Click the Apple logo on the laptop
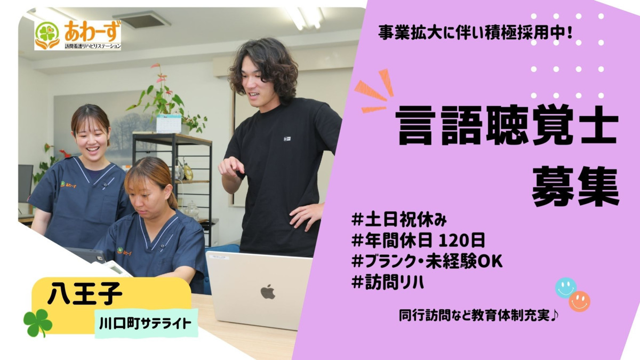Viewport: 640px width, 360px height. click(268, 291)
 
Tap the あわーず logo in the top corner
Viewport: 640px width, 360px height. click(78, 35)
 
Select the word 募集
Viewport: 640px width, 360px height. click(575, 186)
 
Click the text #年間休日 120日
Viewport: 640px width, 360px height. click(418, 240)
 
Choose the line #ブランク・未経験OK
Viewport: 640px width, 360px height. click(427, 261)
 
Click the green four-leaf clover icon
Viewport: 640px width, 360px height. click(38, 323)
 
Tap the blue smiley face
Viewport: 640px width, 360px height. click(565, 287)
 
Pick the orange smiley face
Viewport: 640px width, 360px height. click(579, 301)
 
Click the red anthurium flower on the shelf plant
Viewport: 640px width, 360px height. click(156, 66)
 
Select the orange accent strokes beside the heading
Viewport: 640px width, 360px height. click(374, 93)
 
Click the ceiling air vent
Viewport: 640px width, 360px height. click(141, 20)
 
